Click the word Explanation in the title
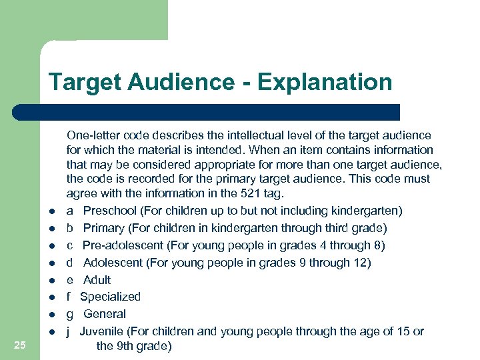[x=325, y=83]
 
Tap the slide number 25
[x=20, y=345]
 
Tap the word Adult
[x=97, y=280]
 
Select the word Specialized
[x=110, y=297]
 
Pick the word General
[x=104, y=314]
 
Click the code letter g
[x=69, y=315]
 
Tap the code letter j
[x=69, y=331]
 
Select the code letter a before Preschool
[x=69, y=211]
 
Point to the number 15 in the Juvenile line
[x=404, y=331]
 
